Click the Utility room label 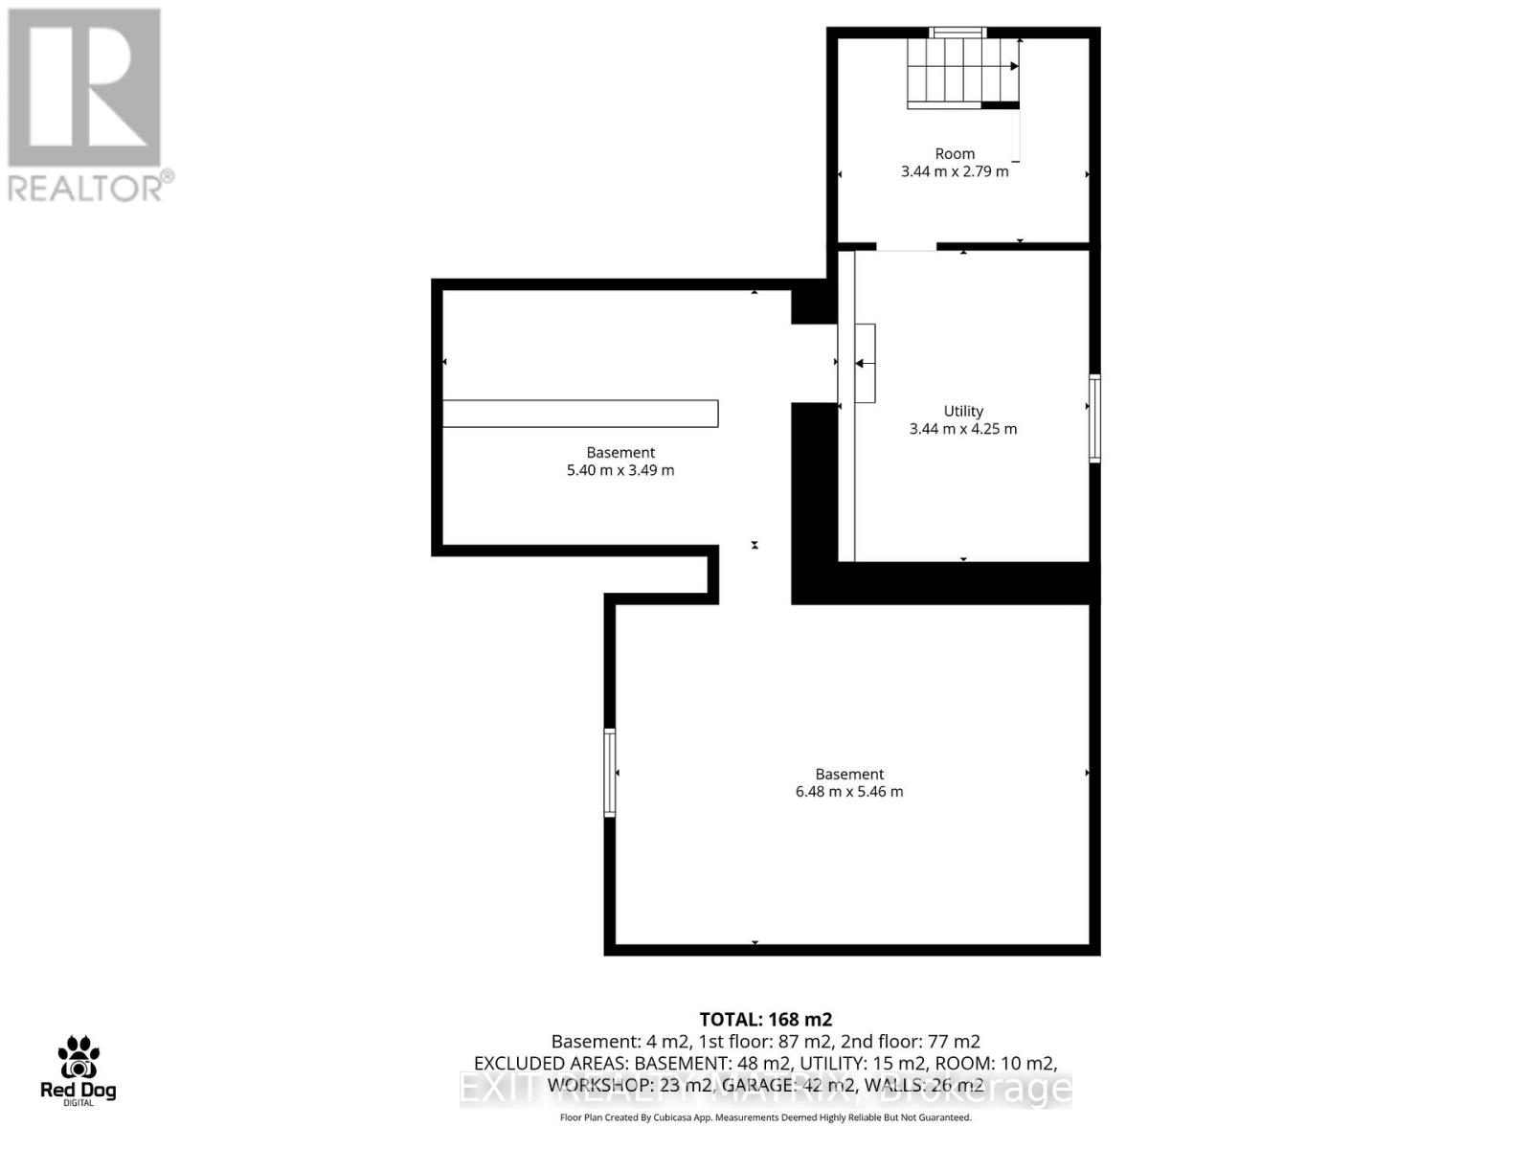963,411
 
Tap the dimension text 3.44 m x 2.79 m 955,171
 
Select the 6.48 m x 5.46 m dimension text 849,792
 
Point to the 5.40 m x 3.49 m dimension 620,470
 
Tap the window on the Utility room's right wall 1094,418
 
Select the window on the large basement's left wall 609,772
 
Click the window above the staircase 958,33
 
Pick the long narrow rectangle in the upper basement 580,413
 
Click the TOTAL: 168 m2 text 766,1019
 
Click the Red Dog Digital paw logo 79,1059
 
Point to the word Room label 955,153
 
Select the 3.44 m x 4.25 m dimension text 963,429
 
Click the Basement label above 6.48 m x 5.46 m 849,774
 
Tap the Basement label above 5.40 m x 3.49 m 620,452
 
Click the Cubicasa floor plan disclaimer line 766,1117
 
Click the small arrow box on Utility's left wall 865,363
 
